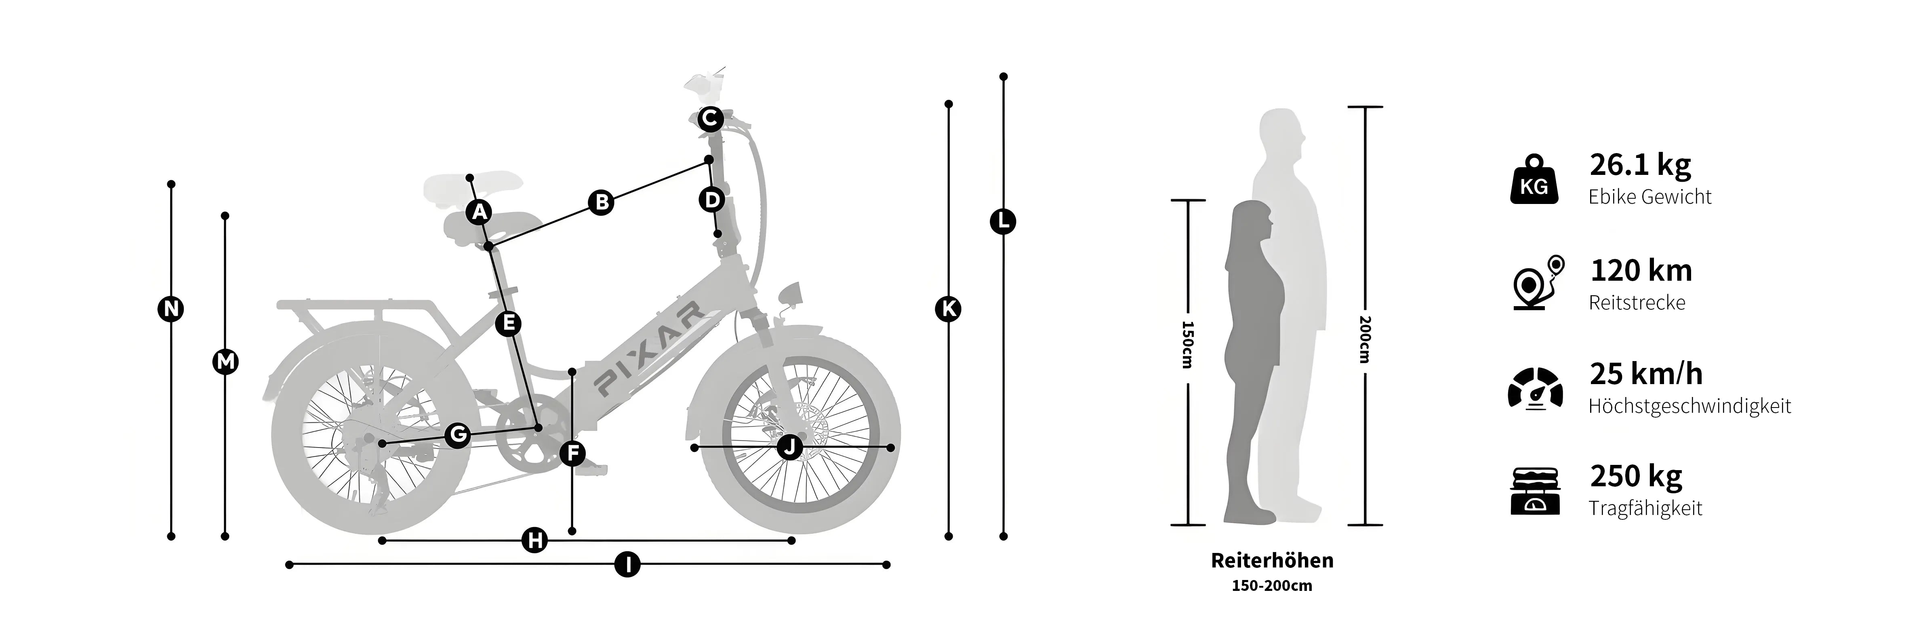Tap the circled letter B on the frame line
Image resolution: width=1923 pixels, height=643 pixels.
coord(601,203)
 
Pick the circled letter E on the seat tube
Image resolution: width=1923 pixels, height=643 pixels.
coord(508,323)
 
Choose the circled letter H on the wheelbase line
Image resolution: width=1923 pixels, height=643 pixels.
coord(534,540)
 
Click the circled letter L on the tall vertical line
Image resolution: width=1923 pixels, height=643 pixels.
coord(1003,222)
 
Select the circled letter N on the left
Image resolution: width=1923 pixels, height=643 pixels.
coord(171,309)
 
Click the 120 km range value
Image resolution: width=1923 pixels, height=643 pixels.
coord(1641,271)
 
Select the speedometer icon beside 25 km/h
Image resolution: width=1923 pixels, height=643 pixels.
coord(1535,389)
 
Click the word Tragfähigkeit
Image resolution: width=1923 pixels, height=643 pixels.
coord(1645,509)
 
